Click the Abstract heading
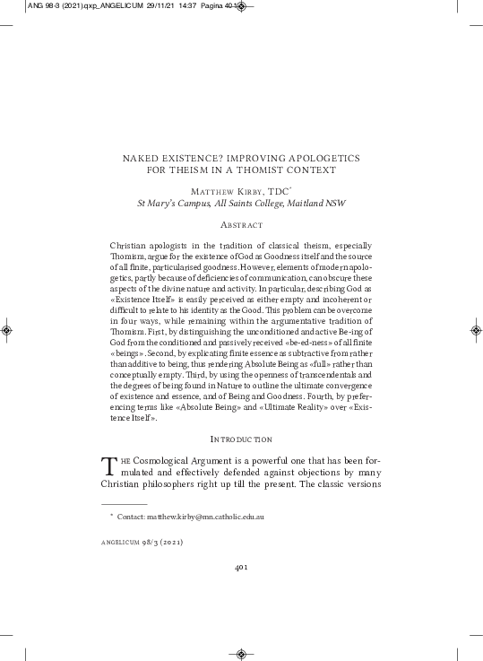click(241, 224)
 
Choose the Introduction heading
click(241, 439)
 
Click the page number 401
click(241, 567)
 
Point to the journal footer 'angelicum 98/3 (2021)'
click(143, 543)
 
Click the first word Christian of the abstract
click(127, 245)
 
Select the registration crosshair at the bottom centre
click(241, 653)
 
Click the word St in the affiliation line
click(142, 203)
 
